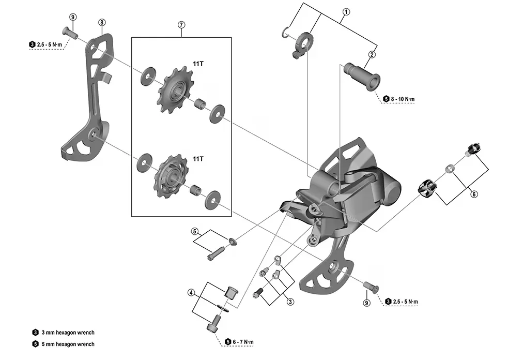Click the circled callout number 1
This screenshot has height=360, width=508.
346,12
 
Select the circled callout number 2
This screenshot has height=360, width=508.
372,54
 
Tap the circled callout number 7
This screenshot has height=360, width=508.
181,25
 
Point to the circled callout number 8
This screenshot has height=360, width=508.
102,22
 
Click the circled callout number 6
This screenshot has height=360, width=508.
474,194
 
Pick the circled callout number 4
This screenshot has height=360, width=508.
191,293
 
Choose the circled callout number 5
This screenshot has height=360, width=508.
194,231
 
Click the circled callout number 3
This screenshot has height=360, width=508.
290,302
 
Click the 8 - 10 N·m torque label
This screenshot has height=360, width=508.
399,99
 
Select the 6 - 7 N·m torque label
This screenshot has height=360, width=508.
239,342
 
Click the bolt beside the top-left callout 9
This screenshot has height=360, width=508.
69,33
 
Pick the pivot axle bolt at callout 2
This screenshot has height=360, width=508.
362,76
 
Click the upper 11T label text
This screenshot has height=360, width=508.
198,64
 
